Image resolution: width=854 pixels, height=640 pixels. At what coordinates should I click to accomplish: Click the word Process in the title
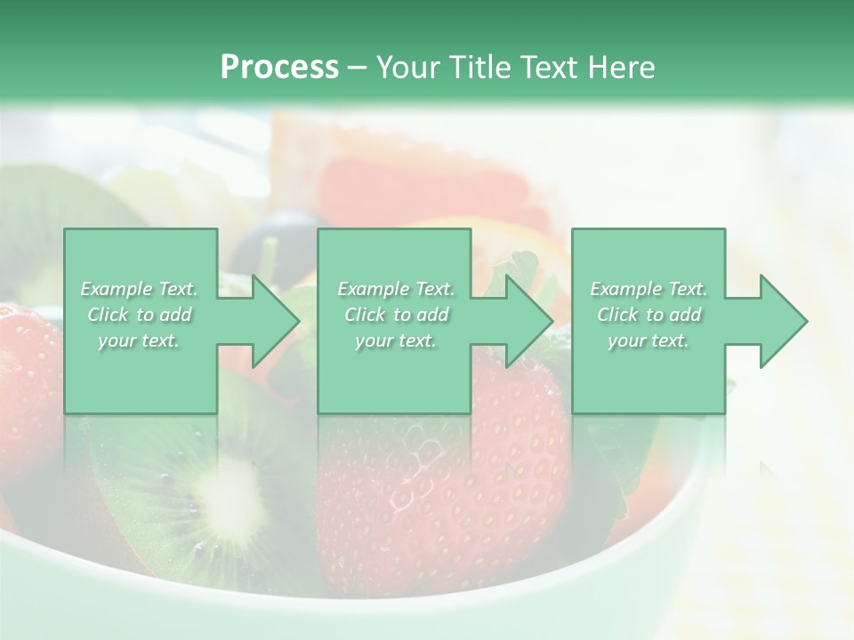(279, 68)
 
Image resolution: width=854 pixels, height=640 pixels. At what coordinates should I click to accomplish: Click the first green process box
(141, 373)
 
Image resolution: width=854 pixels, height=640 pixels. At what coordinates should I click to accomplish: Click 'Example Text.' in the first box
(139, 289)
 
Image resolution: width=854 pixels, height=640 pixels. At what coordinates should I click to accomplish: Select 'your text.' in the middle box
(395, 340)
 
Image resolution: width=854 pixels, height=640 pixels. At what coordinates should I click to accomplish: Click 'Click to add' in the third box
(649, 315)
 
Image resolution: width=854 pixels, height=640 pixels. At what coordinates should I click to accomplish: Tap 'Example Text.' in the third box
(649, 289)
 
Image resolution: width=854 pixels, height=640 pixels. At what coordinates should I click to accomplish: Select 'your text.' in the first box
(139, 340)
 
